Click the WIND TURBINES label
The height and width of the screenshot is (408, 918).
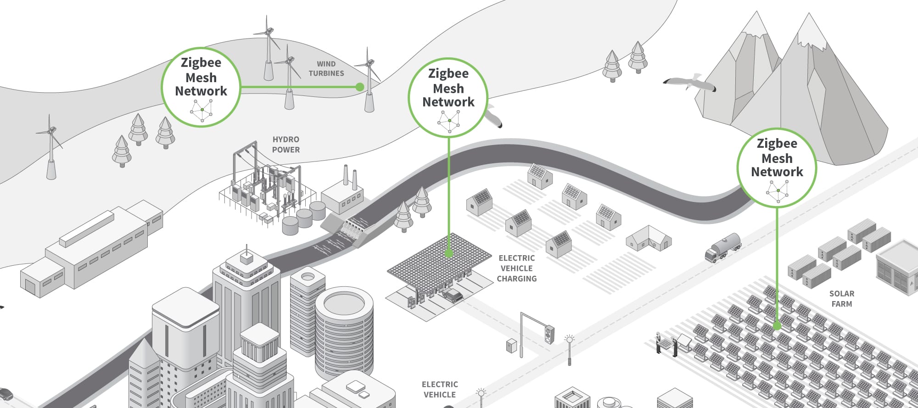(326, 68)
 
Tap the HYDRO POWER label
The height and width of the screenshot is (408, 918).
(285, 144)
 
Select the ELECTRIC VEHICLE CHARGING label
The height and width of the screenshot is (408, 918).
(517, 268)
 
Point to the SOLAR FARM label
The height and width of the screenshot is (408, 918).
(841, 298)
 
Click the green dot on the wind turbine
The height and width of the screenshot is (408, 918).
(360, 87)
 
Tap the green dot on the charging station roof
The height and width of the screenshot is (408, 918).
(449, 253)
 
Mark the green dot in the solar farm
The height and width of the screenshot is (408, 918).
(777, 326)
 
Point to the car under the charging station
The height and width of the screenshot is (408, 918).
(453, 295)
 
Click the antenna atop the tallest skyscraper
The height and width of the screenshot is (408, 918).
(247, 251)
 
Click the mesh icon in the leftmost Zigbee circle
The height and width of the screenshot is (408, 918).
(202, 110)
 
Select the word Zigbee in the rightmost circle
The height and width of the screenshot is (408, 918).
(777, 143)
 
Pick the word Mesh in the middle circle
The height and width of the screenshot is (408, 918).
(448, 88)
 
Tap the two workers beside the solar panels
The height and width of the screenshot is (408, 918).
(666, 344)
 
